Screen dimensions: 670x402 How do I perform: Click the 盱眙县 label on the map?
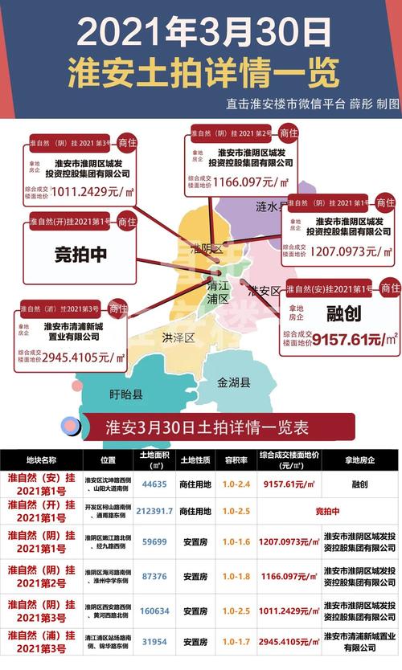pyautogui.click(x=125, y=394)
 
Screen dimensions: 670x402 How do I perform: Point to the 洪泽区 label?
pyautogui.click(x=178, y=337)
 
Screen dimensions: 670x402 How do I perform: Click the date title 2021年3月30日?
pyautogui.click(x=201, y=31)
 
